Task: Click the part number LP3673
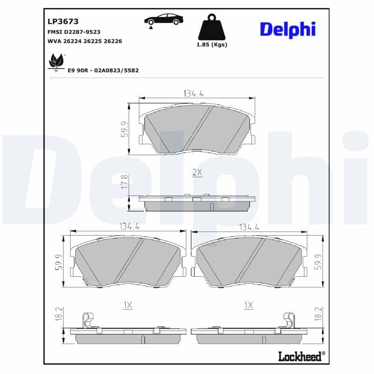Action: tap(63, 21)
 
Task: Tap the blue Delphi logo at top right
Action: tap(288, 29)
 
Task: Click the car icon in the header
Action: tap(163, 20)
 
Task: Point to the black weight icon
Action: tap(212, 28)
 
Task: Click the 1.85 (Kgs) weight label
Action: tap(212, 45)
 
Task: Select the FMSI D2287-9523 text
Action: tap(74, 32)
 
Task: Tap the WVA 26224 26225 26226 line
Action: tap(85, 41)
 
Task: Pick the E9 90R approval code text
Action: tap(103, 70)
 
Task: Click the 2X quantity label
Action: tap(197, 172)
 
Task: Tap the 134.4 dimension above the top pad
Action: tap(193, 93)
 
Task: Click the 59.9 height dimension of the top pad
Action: tap(124, 129)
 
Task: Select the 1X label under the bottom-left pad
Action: tap(128, 305)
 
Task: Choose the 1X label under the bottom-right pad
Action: tap(249, 305)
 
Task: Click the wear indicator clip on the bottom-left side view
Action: tap(86, 320)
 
